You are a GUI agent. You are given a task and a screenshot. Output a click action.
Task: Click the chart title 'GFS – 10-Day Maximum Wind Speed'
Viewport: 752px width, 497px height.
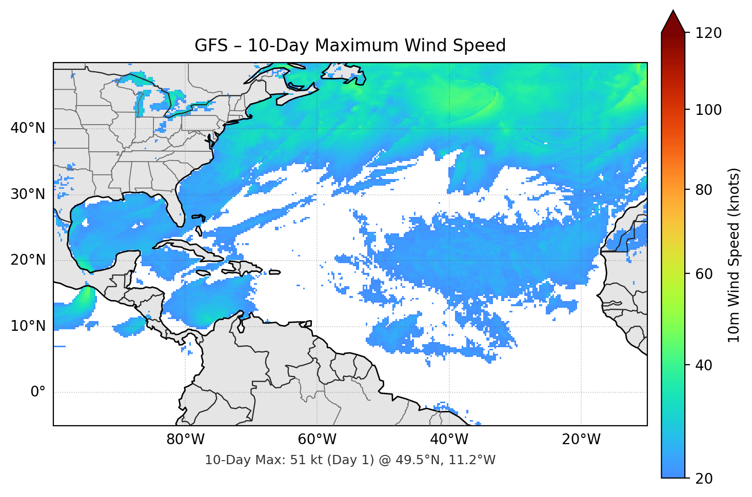tap(350, 46)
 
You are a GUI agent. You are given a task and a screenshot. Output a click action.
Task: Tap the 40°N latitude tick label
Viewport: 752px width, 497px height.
tap(28, 128)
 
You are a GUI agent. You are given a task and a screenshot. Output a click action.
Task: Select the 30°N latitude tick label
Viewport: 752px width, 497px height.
tap(28, 194)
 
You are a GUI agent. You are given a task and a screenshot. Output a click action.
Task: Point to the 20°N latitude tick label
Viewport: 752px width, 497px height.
tap(28, 260)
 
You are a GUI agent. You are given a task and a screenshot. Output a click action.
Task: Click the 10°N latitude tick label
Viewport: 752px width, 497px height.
tap(28, 326)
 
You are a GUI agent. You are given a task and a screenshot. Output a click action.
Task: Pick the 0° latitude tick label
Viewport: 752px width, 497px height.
tap(38, 392)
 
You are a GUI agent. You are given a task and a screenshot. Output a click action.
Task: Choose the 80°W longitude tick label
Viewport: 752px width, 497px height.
tap(185, 440)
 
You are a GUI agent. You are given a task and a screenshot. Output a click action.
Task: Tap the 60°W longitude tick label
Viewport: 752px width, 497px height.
tap(317, 440)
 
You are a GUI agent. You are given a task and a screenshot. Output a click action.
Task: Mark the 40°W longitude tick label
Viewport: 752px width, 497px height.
tap(449, 440)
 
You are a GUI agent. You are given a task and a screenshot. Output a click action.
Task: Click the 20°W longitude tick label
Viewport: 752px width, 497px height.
tap(581, 440)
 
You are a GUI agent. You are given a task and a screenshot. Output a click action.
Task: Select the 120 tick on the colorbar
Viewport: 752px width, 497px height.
tap(708, 33)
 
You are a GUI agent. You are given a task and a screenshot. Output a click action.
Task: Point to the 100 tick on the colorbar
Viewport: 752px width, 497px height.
tap(708, 110)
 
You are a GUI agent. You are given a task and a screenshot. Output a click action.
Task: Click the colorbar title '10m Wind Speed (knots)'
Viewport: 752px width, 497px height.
tap(734, 255)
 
